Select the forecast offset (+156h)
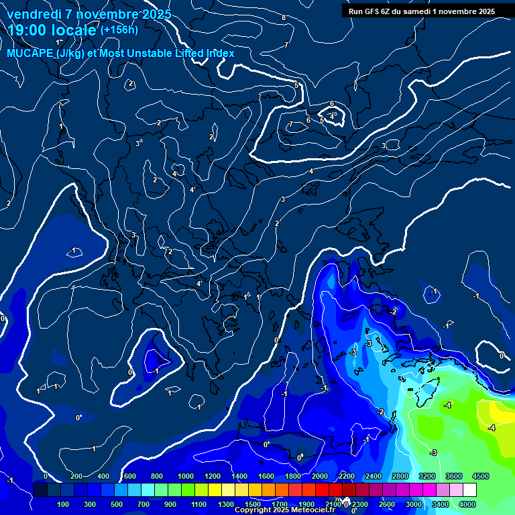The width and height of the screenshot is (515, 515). point(119,30)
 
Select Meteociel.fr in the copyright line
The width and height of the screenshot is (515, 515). point(311,510)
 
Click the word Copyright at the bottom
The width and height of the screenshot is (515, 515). point(253,510)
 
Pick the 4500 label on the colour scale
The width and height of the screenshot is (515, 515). point(480,476)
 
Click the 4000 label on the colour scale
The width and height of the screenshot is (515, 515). point(467,504)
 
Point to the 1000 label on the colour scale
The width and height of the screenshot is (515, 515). point(186,476)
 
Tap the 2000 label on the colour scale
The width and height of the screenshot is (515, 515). point(320,476)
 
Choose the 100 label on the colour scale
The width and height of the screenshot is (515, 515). point(63,504)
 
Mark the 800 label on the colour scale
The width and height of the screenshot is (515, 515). point(157,476)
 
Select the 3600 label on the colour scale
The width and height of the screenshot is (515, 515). point(453,476)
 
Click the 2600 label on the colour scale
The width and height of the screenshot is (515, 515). point(386,504)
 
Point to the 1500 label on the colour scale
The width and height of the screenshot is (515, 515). point(253,504)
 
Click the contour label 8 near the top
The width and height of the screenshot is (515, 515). point(284,17)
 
